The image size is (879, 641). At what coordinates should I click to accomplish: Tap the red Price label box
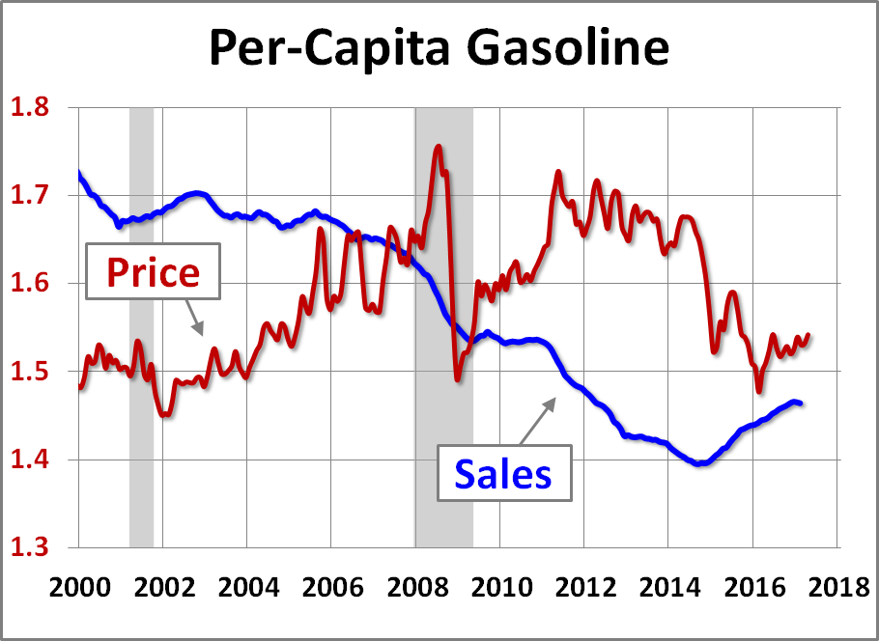(x=153, y=272)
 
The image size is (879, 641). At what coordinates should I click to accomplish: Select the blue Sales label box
(x=503, y=473)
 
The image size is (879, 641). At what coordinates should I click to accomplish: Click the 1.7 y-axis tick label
(x=31, y=196)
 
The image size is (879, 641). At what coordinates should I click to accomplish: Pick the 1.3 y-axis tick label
(x=31, y=548)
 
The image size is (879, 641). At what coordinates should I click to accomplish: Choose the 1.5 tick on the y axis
(x=31, y=373)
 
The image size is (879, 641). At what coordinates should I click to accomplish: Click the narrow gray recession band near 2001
(x=141, y=328)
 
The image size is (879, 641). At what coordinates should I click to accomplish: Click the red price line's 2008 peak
(x=439, y=147)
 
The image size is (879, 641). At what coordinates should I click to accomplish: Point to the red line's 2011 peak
(x=558, y=172)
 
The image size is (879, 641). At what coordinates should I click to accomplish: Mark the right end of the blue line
(x=802, y=403)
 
